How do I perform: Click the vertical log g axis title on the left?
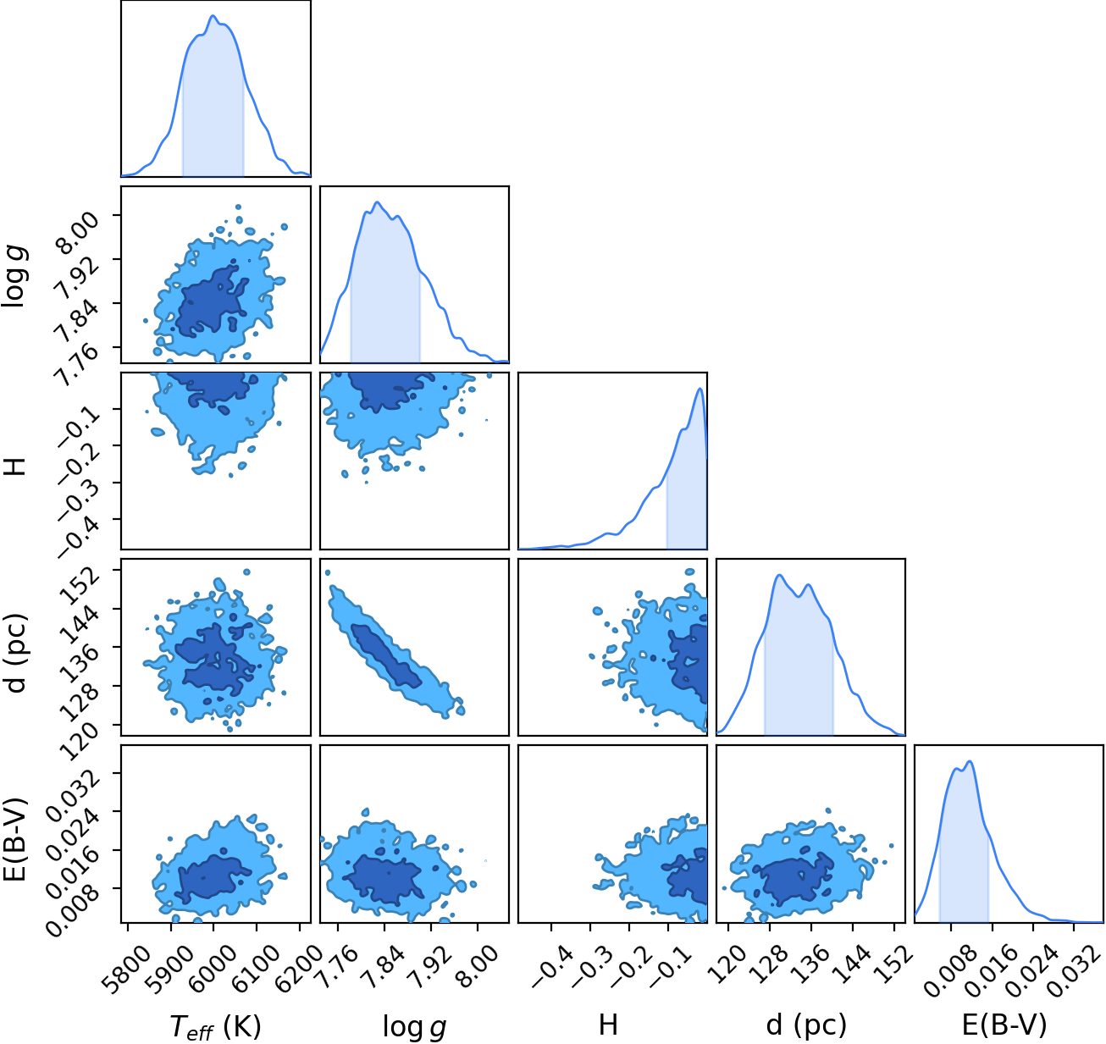tap(15, 277)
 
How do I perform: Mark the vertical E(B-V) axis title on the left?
tap(16, 840)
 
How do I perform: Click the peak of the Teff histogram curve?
tap(213, 15)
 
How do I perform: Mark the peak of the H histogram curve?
tap(700, 388)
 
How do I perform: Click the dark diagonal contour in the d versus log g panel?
tap(386, 655)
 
